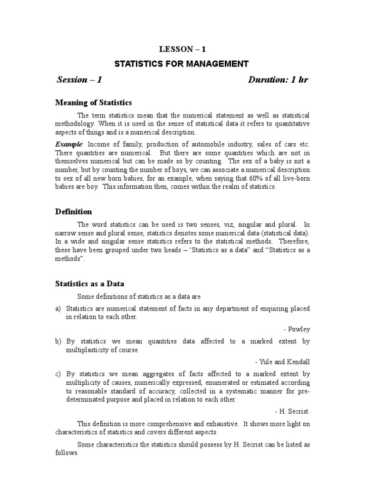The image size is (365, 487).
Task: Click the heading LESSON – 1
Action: click(x=182, y=49)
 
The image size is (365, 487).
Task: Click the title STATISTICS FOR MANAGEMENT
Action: click(x=182, y=63)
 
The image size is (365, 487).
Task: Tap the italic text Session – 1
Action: click(x=79, y=79)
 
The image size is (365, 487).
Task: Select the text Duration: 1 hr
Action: click(x=278, y=79)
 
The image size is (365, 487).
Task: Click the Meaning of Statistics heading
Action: click(x=94, y=103)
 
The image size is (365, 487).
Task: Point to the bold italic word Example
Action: click(x=69, y=144)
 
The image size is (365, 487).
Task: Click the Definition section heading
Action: click(x=74, y=212)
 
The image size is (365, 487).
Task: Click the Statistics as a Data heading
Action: click(x=90, y=284)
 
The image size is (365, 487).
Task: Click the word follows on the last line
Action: click(x=67, y=453)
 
